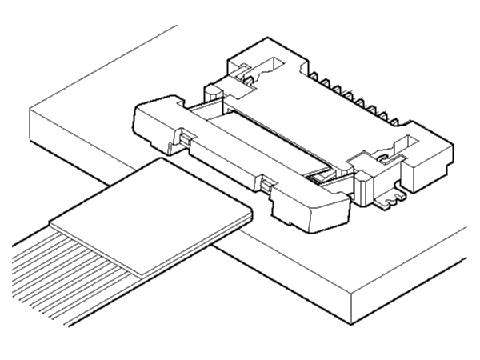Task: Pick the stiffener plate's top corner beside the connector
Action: tap(164, 158)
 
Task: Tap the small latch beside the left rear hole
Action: tap(248, 78)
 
